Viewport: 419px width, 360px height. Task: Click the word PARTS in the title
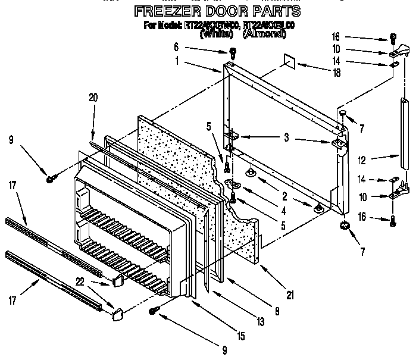(273, 11)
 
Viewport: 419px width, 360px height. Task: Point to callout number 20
(92, 98)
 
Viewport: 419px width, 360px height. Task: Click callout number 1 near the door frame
(177, 60)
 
